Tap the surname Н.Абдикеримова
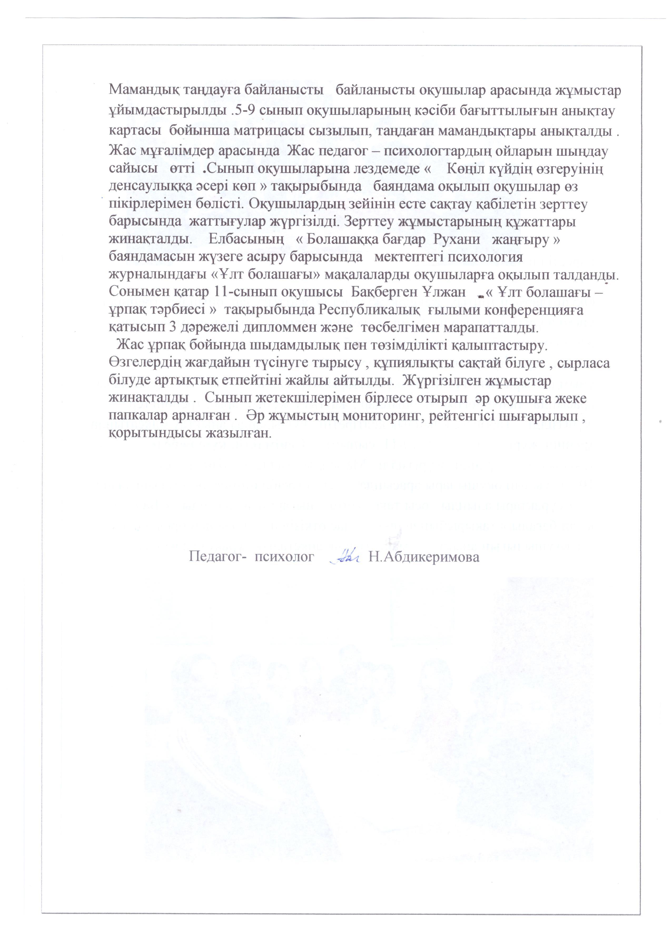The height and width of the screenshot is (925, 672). click(424, 557)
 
